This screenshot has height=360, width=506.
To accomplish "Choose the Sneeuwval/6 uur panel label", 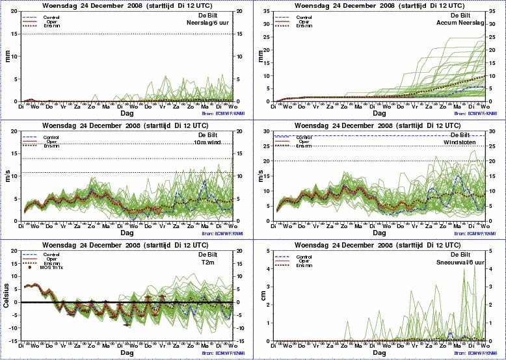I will (464, 262).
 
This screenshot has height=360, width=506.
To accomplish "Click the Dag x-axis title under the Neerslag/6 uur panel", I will (127, 112).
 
